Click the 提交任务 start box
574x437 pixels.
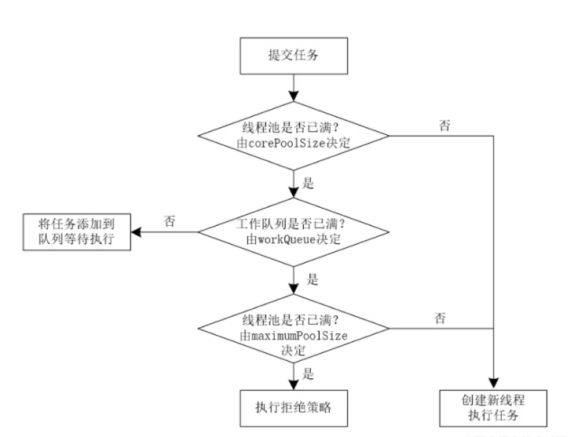[292, 54]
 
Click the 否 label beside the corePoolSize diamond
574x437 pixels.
[445, 126]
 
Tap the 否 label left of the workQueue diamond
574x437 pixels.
[170, 222]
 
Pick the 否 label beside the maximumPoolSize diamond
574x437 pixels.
[441, 317]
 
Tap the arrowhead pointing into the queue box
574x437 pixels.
[136, 233]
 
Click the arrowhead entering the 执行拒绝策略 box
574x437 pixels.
[292, 384]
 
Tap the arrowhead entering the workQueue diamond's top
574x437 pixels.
[292, 198]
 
